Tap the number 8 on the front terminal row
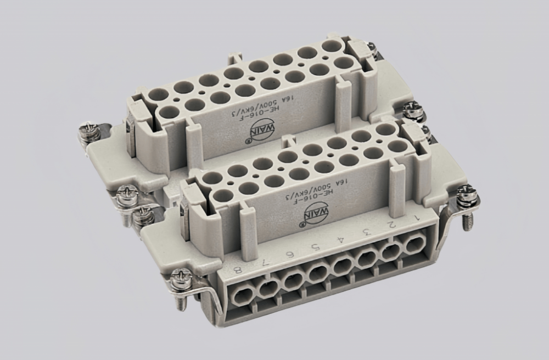click(237, 269)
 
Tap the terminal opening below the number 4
click(342, 266)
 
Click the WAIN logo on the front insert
click(306, 215)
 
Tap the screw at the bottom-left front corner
click(178, 282)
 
